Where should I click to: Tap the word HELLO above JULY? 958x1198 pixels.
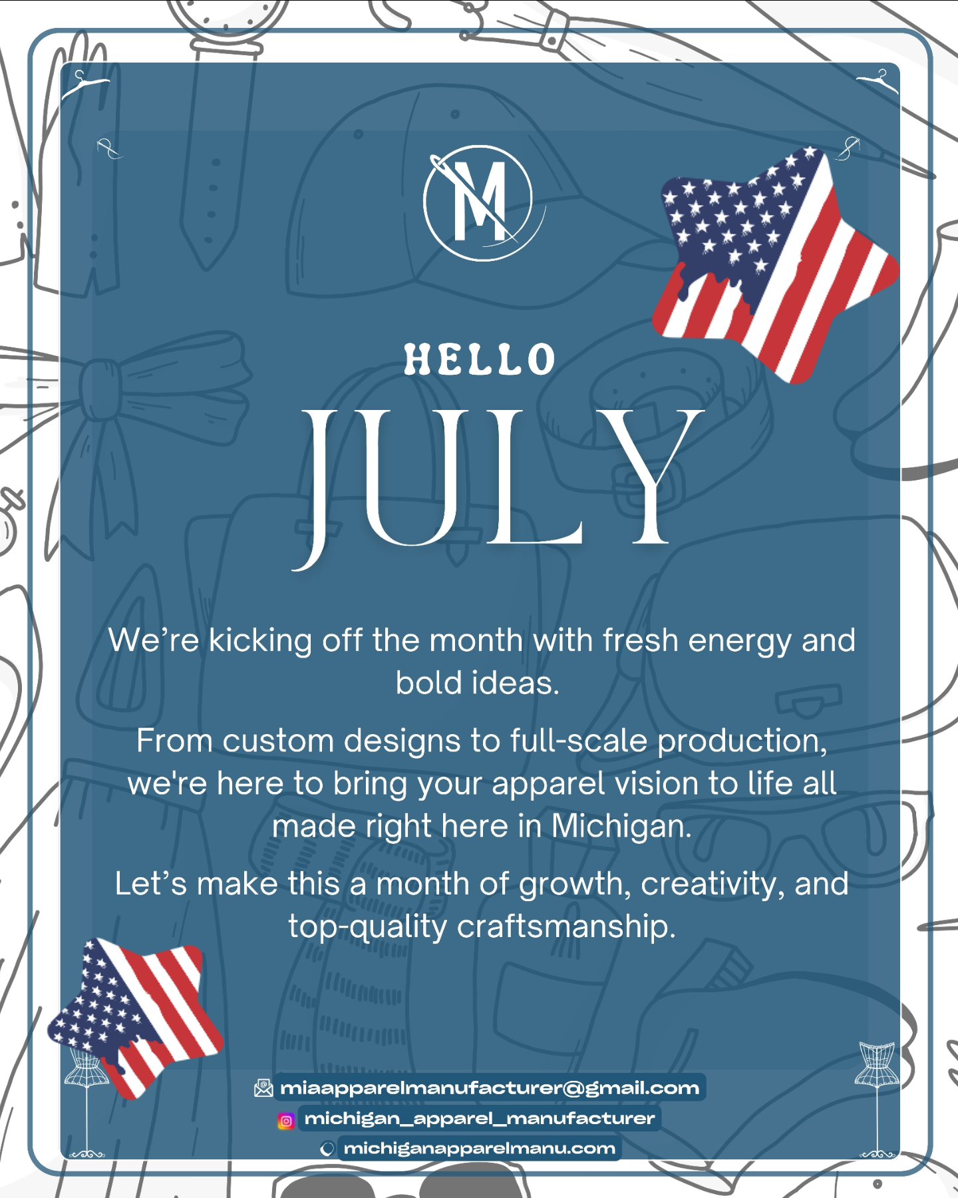pyautogui.click(x=479, y=360)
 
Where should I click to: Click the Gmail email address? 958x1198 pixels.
pyautogui.click(x=490, y=1088)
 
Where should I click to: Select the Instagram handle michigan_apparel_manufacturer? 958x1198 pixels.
pyautogui.click(x=479, y=1119)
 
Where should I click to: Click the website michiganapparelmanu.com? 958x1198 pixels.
pyautogui.click(x=479, y=1149)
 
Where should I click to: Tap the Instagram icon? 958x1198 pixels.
pyautogui.click(x=286, y=1121)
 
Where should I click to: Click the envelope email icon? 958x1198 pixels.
pyautogui.click(x=263, y=1088)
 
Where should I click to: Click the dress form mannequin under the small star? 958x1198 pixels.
pyautogui.click(x=86, y=1098)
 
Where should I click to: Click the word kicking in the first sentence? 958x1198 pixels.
pyautogui.click(x=260, y=641)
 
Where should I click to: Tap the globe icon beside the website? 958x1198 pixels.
pyautogui.click(x=327, y=1149)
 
